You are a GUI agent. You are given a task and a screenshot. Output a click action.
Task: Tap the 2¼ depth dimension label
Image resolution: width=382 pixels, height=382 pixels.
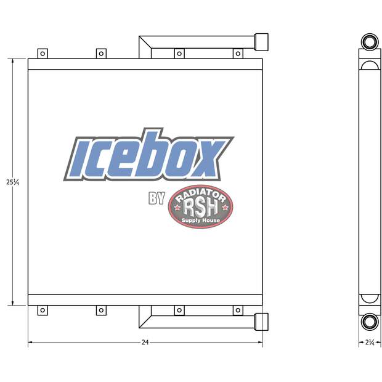click(x=370, y=342)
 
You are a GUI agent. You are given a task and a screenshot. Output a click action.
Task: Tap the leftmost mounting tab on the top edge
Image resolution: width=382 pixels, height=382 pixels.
click(x=42, y=54)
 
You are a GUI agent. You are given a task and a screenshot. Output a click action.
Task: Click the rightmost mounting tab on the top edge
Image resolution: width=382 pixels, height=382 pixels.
click(x=237, y=54)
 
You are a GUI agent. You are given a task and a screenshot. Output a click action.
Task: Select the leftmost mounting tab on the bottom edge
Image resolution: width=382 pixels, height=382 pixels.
click(x=42, y=311)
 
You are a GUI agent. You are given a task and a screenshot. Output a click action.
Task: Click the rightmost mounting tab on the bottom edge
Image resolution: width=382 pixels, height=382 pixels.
click(x=237, y=311)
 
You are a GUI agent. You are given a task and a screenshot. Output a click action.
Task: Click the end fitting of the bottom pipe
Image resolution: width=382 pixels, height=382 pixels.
click(x=261, y=321)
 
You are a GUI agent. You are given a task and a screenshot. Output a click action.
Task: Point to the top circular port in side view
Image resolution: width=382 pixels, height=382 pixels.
click(x=370, y=43)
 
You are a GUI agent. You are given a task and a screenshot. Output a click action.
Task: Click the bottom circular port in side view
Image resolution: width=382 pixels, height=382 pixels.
click(x=370, y=321)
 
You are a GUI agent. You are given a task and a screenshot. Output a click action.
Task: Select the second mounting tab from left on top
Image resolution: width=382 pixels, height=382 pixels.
click(x=101, y=54)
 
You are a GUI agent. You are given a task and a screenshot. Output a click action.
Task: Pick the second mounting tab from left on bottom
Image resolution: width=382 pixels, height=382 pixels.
click(x=101, y=311)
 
